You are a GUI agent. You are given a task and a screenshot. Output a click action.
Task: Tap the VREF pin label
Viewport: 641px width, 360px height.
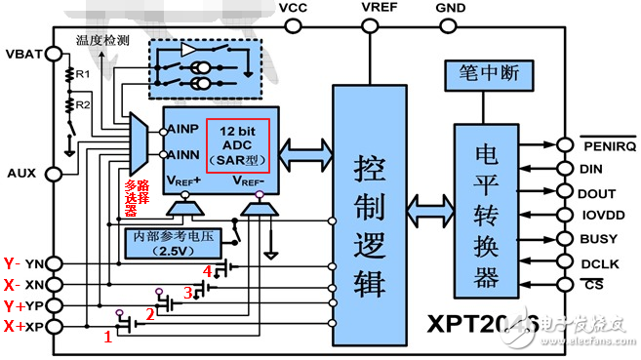pyautogui.click(x=378, y=8)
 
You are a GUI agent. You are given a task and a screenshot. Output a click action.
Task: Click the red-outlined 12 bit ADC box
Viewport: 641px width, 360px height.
pyautogui.click(x=242, y=144)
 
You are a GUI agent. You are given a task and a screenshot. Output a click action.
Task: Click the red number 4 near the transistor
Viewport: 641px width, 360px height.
pyautogui.click(x=206, y=269)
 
